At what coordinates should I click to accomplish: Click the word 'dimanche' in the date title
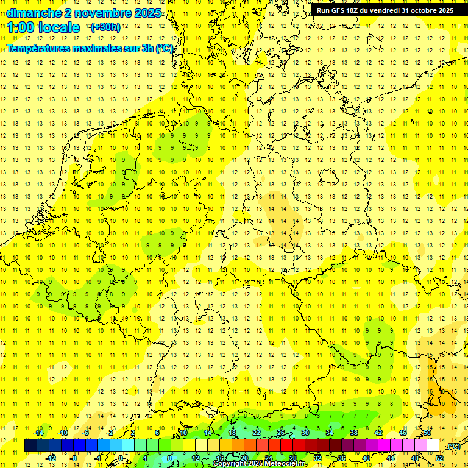coord(34,13)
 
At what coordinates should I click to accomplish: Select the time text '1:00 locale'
coord(44,27)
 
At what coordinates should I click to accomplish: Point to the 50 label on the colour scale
coord(427,433)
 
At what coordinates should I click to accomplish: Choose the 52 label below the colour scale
coord(439,458)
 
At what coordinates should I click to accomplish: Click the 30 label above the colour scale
coord(305,433)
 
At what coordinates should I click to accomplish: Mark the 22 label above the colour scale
coord(257,433)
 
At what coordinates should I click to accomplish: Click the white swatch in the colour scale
coord(433,445)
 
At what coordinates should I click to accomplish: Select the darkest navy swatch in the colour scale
coord(31,445)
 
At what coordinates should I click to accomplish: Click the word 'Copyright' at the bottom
coord(230,464)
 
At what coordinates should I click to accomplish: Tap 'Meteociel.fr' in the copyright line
coord(286,464)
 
